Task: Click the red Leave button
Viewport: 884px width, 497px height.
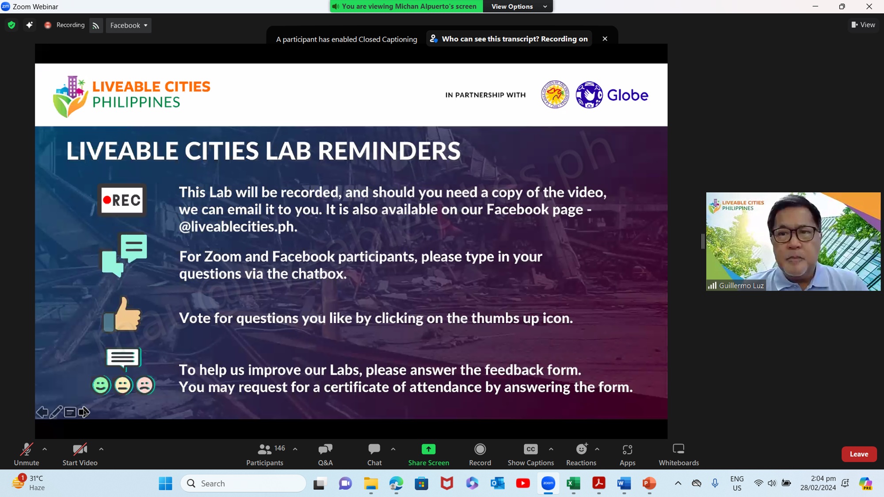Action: (859, 454)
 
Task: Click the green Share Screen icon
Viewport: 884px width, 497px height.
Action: (428, 449)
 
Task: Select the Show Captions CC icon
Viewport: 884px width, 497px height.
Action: (530, 449)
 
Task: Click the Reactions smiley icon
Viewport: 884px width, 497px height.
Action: (582, 449)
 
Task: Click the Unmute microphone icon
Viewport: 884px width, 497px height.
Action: (27, 449)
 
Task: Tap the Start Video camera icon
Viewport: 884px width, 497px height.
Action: (80, 449)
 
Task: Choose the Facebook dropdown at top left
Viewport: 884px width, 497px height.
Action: (129, 26)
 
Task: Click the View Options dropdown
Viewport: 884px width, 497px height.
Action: (518, 6)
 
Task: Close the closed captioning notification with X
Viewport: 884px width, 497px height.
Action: (605, 39)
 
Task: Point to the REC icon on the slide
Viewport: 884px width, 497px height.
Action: (122, 200)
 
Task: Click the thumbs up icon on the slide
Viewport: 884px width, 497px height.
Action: (122, 314)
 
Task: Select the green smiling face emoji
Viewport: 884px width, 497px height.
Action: (101, 385)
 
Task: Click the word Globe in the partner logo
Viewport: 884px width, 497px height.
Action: (627, 95)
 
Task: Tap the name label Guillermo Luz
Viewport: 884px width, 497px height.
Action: (741, 285)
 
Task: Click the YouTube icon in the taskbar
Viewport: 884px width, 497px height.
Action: (523, 483)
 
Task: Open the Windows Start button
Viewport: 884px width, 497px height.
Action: (165, 483)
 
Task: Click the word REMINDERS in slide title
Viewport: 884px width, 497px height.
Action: (389, 151)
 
